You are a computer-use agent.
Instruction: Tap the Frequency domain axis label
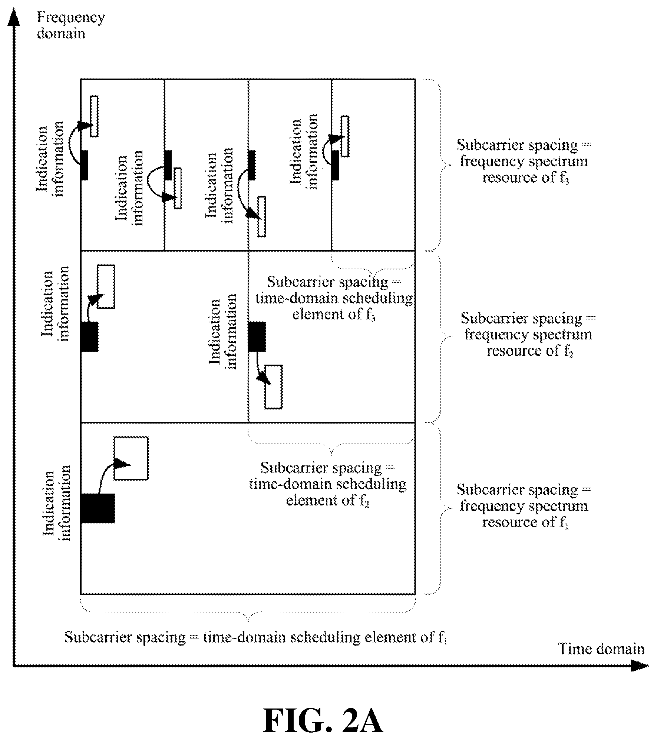(70, 25)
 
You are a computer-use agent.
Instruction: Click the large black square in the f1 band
(98, 508)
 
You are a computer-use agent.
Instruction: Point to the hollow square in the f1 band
(131, 458)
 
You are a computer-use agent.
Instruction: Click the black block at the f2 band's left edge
(89, 336)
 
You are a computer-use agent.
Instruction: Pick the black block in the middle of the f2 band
(257, 336)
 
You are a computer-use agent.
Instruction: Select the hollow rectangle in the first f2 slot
(106, 286)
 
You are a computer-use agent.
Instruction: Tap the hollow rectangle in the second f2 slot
(274, 387)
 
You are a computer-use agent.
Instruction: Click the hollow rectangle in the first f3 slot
(95, 116)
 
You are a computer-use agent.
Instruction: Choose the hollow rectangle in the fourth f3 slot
(345, 136)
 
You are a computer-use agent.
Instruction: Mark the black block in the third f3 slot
(252, 165)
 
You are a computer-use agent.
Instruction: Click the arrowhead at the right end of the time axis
(640, 666)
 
